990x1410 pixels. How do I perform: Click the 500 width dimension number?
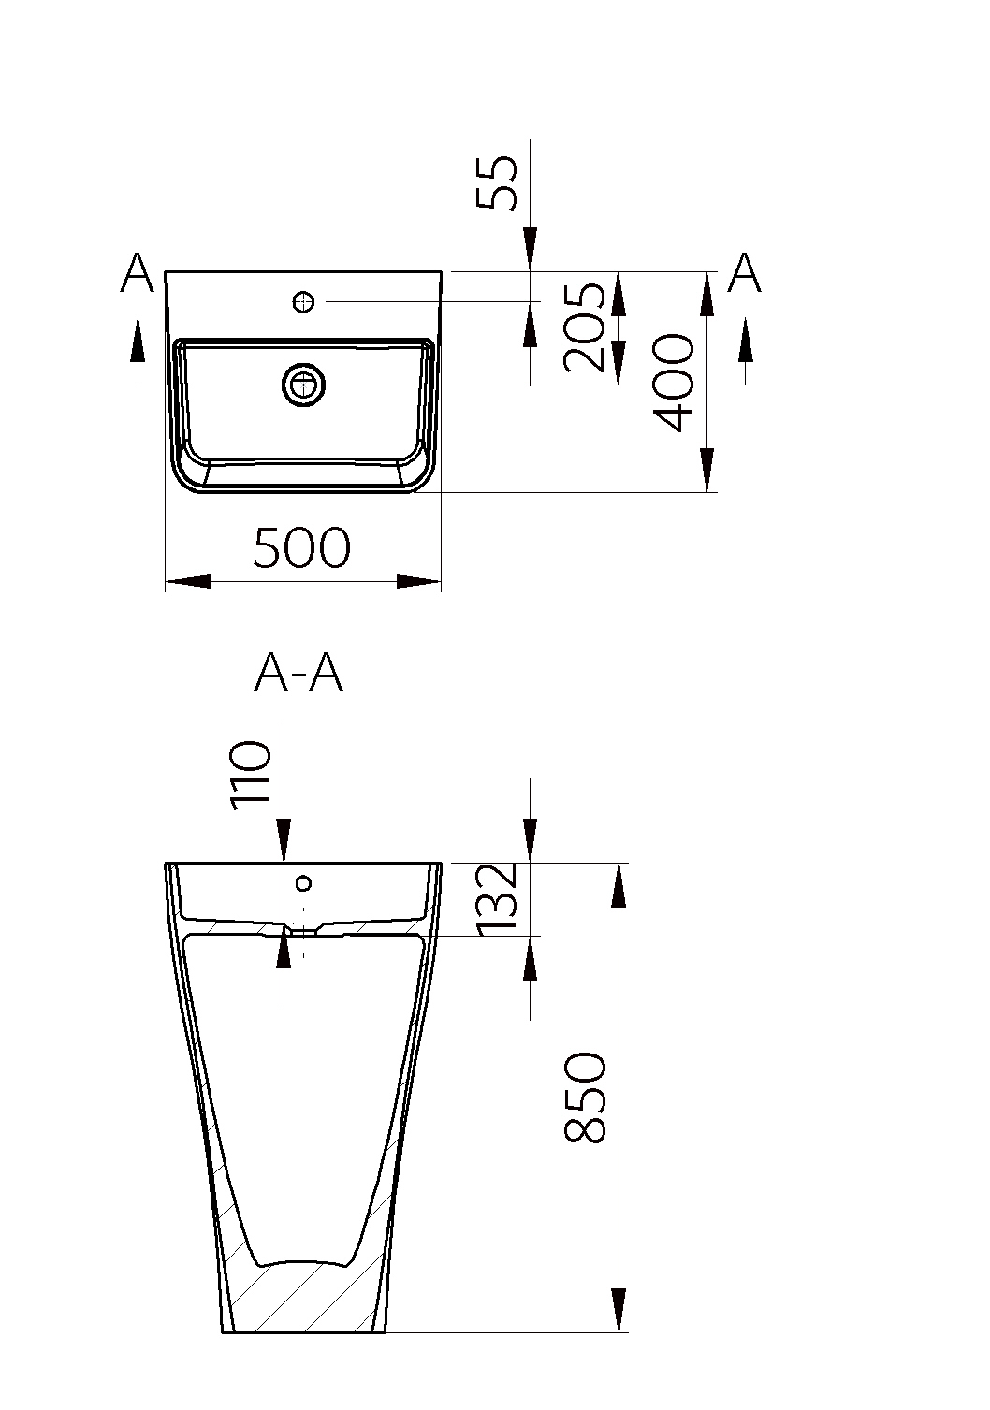click(301, 547)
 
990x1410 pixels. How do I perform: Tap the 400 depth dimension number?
click(674, 383)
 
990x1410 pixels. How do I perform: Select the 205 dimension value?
click(585, 328)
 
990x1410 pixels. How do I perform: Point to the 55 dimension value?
click(497, 182)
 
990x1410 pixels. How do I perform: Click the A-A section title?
click(298, 676)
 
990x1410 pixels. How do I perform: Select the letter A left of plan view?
click(137, 272)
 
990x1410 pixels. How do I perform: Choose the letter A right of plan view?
click(745, 272)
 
